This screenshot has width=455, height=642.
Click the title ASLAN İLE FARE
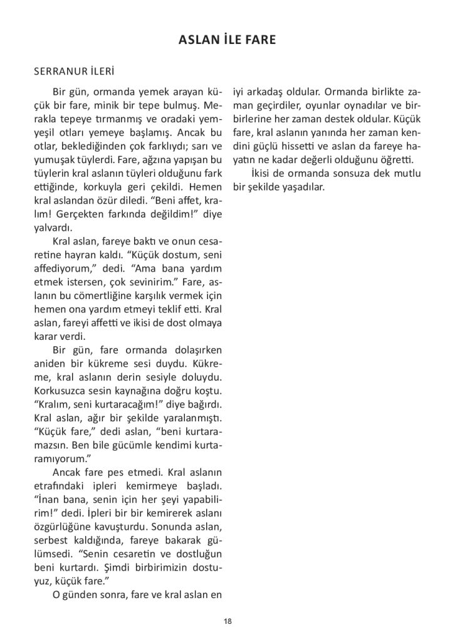(227, 41)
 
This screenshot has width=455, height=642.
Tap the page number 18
(227, 621)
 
